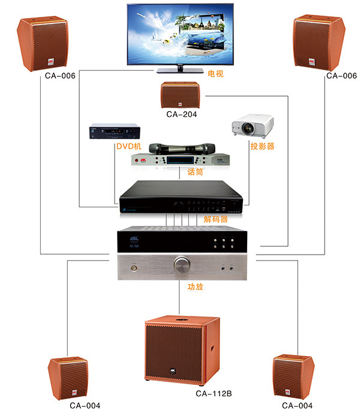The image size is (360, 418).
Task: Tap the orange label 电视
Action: (x=215, y=74)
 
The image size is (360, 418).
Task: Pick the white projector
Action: (x=253, y=125)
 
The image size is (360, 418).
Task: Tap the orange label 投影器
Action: (x=262, y=146)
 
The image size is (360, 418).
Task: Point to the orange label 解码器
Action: (x=216, y=219)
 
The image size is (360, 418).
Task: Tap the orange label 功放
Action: (x=196, y=287)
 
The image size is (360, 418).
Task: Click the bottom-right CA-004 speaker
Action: (x=293, y=377)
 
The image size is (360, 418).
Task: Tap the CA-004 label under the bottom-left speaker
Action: (x=85, y=405)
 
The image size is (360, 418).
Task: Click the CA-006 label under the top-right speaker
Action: (x=341, y=76)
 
